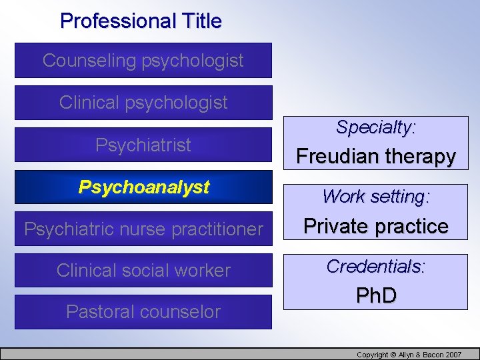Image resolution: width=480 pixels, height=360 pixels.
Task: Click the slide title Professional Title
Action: [141, 21]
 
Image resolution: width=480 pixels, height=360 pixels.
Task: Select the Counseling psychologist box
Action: [143, 61]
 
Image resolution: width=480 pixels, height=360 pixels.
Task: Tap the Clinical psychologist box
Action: [143, 103]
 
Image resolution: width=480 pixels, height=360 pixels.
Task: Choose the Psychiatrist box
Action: [143, 145]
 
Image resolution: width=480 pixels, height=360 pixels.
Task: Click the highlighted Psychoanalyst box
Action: [143, 187]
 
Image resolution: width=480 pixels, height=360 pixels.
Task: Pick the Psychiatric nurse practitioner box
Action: [143, 229]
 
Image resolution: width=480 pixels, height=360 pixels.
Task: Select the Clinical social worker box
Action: [143, 270]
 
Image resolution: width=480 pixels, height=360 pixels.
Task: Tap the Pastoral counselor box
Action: [143, 311]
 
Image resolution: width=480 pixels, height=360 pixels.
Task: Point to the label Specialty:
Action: [375, 127]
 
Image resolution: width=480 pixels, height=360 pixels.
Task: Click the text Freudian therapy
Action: [375, 157]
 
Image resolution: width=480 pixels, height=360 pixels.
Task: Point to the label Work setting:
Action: [375, 197]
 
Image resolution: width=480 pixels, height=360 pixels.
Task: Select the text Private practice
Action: [375, 227]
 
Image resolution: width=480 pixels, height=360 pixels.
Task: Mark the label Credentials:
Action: [375, 267]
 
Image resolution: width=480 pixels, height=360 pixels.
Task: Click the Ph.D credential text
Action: [375, 295]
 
